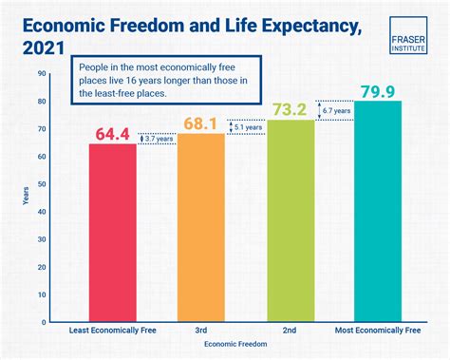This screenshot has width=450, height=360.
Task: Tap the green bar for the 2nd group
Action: tap(289, 220)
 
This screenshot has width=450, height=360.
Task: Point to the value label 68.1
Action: tap(201, 122)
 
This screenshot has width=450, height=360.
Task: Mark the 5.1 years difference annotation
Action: tap(248, 126)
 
